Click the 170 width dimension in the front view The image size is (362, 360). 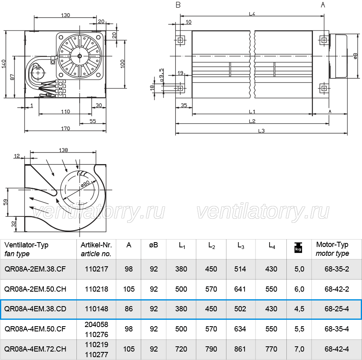(x=66, y=128)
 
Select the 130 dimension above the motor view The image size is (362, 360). (x=65, y=15)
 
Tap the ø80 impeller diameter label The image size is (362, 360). (x=85, y=184)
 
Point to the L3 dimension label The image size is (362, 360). (x=261, y=131)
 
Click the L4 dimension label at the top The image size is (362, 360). (x=252, y=14)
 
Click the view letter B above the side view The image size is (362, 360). (x=178, y=5)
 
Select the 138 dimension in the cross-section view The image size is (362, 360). (x=63, y=150)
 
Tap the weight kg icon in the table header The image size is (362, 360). (x=298, y=249)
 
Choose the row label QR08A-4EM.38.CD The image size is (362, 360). (x=35, y=309)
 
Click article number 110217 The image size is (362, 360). (x=96, y=269)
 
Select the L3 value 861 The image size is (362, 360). (x=240, y=349)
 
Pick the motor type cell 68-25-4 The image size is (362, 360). (x=337, y=309)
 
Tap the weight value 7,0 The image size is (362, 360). (x=299, y=349)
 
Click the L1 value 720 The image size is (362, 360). (x=181, y=349)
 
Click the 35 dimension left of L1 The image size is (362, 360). (x=184, y=105)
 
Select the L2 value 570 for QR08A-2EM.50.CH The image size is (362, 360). (x=211, y=289)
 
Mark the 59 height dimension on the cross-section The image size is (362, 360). (x=6, y=202)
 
